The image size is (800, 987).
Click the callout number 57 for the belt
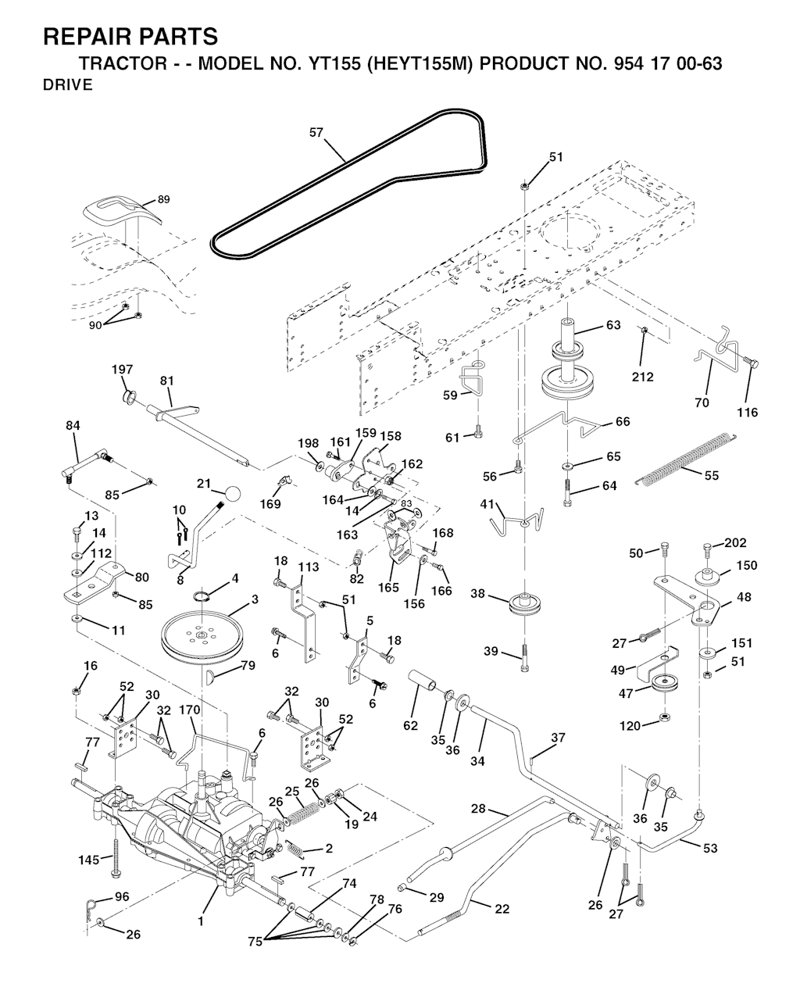(316, 133)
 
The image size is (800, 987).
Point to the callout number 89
(163, 199)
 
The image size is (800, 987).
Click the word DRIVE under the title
(66, 86)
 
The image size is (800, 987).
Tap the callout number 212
(642, 377)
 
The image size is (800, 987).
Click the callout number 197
(122, 370)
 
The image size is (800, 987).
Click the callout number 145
(89, 860)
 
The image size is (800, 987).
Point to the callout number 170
(189, 710)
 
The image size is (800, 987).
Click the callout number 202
(735, 543)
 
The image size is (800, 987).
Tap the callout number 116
(747, 413)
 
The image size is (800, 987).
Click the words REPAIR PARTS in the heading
(130, 36)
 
